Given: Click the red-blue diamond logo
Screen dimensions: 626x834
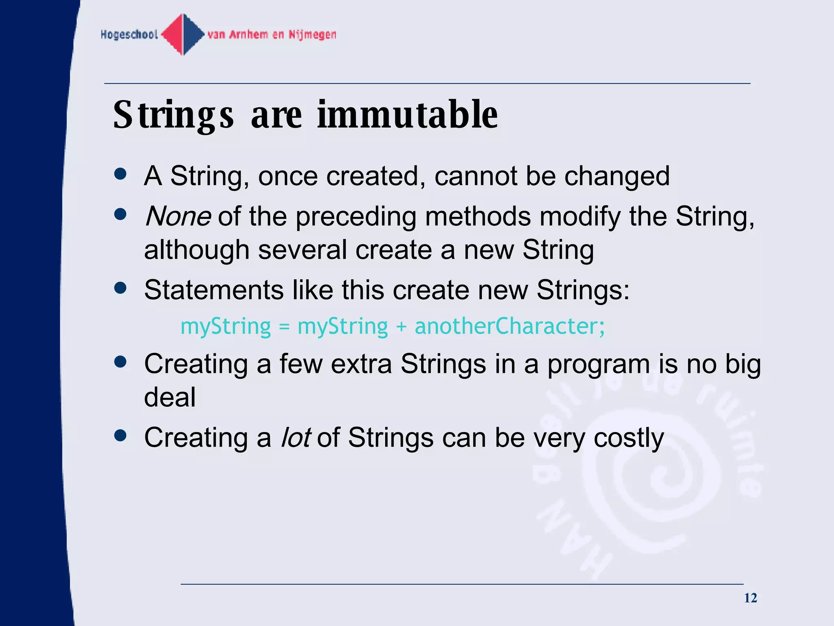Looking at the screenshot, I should (183, 35).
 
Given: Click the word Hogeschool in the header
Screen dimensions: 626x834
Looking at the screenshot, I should (129, 35).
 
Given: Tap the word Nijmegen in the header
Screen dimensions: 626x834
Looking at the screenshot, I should (312, 35).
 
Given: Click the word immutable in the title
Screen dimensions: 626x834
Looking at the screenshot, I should (407, 115).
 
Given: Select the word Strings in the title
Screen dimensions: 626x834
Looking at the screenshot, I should (173, 116).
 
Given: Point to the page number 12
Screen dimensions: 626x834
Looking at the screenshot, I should (750, 598).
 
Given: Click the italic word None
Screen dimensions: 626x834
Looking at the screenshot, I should (178, 216).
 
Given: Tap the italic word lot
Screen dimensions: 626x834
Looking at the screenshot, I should (296, 438).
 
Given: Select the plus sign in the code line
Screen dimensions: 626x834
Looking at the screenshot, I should (401, 327).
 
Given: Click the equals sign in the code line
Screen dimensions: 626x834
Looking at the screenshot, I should (284, 327).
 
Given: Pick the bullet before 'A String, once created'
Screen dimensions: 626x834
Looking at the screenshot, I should (121, 174).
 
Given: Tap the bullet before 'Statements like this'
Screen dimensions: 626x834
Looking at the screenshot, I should (121, 288).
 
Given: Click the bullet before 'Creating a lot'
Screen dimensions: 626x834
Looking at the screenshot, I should (121, 435).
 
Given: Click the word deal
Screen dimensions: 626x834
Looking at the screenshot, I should (170, 397).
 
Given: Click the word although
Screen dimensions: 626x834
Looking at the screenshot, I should (196, 250).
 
